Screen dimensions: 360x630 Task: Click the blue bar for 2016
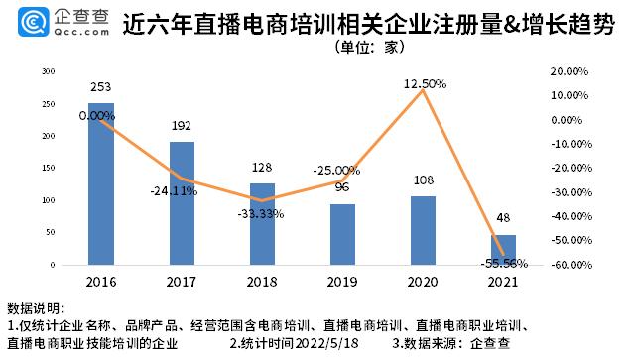[100, 183]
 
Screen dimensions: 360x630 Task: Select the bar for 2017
[182, 203]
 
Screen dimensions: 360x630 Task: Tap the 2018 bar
[262, 224]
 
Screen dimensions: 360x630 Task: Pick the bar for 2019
[342, 234]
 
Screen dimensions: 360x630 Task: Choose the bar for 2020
[424, 230]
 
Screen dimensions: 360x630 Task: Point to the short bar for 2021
[504, 250]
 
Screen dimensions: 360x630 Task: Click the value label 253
[100, 88]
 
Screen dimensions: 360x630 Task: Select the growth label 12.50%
[425, 84]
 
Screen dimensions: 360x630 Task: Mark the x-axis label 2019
[342, 281]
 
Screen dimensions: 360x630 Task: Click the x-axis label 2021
[504, 281]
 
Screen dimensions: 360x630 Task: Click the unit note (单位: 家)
[373, 46]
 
